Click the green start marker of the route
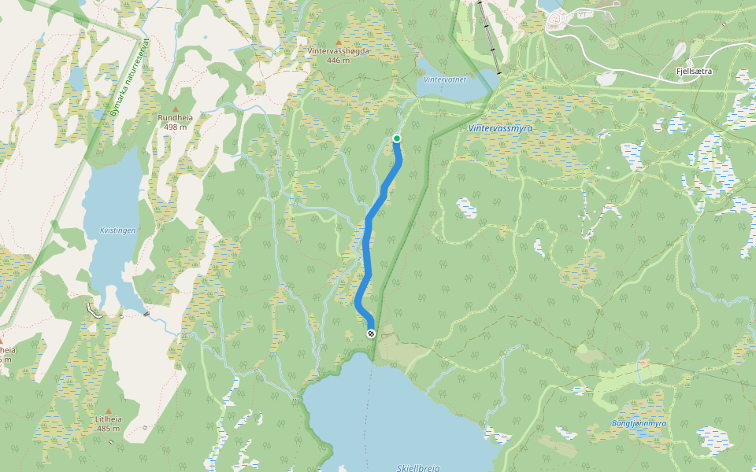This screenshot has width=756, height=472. click(396, 138)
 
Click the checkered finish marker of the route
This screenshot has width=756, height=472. click(371, 334)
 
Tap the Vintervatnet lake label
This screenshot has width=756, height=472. click(445, 79)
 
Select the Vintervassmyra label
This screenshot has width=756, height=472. click(501, 127)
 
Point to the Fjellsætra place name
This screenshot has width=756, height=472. click(694, 71)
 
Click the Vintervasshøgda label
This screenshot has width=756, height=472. click(339, 51)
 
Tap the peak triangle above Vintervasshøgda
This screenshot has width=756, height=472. click(339, 42)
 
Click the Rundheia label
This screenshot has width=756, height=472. click(176, 118)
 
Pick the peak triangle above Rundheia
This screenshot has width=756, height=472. click(176, 109)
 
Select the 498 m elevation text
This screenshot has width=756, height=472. click(176, 127)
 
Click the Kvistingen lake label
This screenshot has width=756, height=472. click(119, 230)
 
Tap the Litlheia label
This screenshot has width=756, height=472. click(109, 419)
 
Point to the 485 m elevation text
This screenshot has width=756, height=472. click(109, 429)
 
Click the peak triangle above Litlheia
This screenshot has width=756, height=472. click(109, 410)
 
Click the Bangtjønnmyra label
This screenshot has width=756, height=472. click(639, 423)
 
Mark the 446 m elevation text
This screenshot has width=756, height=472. click(339, 60)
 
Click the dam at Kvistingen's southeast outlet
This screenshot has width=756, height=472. click(146, 313)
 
